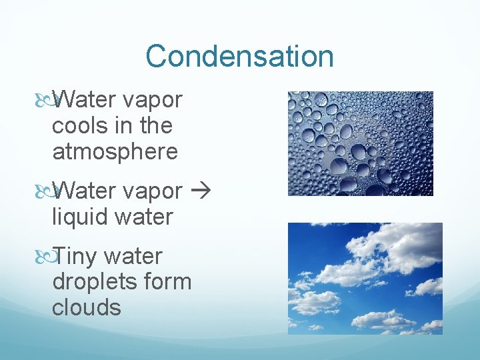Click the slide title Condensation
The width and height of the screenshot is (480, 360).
(239, 56)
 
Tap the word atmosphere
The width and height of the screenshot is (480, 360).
(115, 152)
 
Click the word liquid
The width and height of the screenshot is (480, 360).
(79, 217)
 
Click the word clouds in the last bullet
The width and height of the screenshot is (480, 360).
(87, 308)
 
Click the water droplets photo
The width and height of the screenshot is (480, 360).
(360, 143)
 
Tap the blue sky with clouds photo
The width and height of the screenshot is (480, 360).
(365, 278)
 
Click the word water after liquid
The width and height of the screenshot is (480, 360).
(144, 217)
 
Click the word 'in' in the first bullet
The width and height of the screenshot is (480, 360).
(122, 126)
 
